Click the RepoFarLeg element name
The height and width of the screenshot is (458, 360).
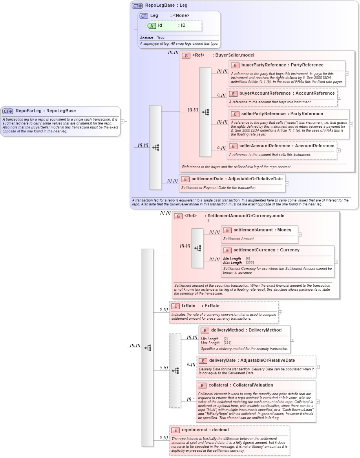coord(28,111)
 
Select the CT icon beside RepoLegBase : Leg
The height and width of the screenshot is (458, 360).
coord(137,6)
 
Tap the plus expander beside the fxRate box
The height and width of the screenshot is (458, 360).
coord(280,313)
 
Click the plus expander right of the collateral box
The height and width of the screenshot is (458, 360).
coord(318,401)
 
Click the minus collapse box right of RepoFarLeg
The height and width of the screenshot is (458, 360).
coord(122,121)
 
